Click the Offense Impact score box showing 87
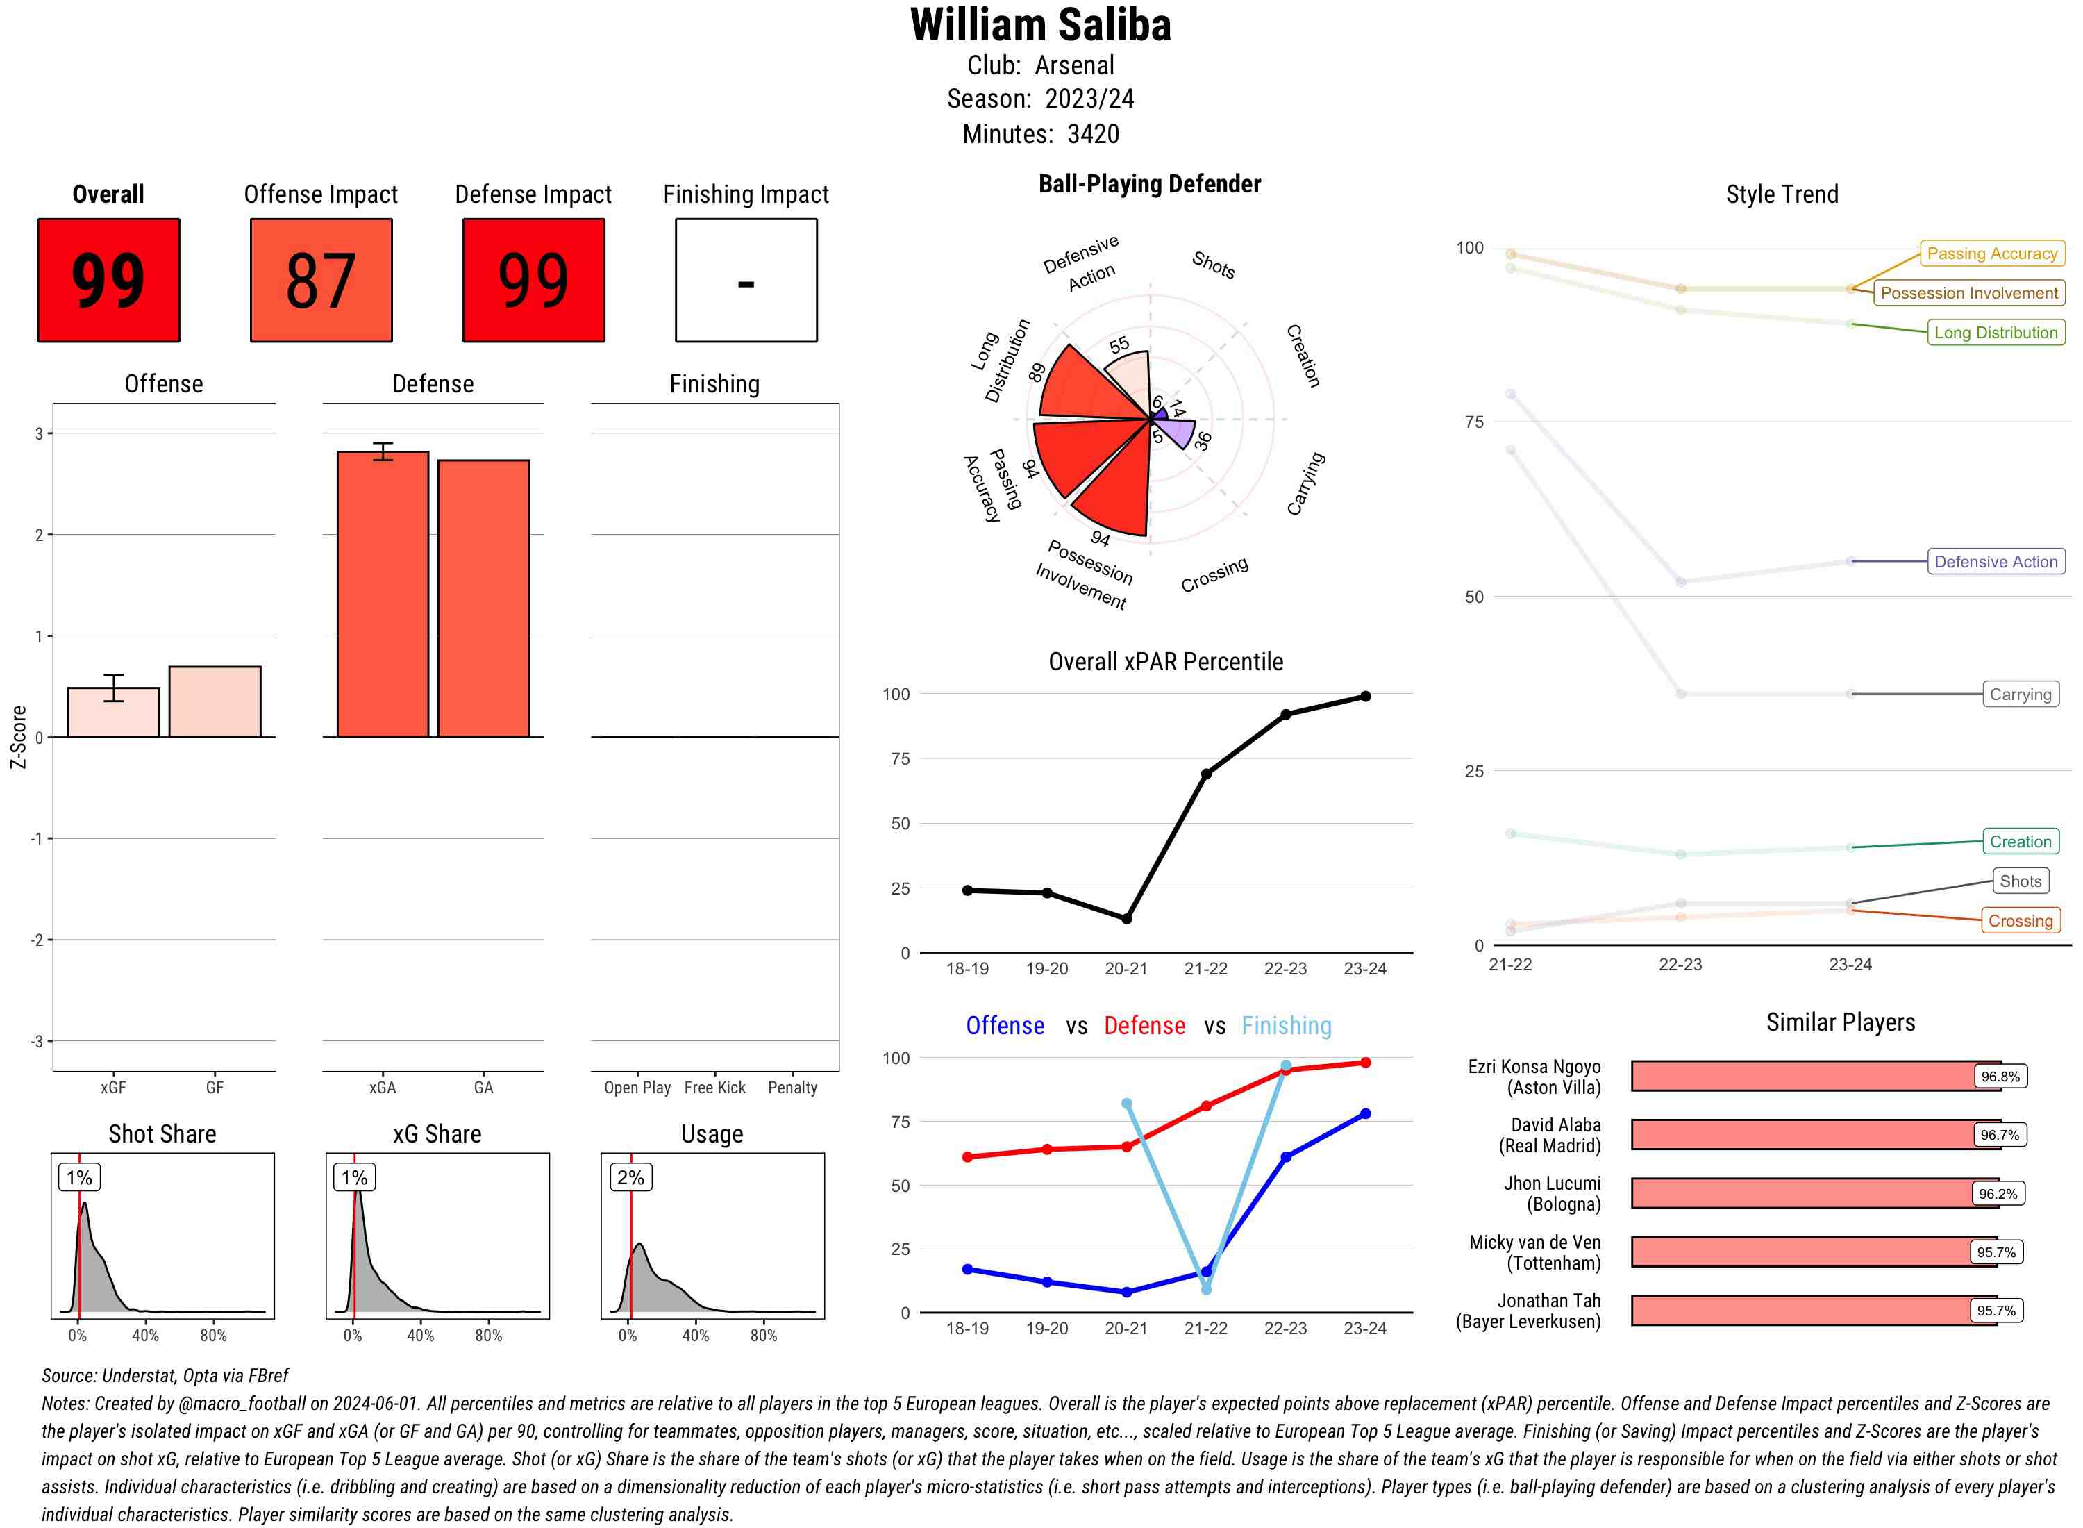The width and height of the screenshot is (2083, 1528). (321, 281)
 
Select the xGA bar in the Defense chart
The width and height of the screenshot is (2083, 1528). (382, 594)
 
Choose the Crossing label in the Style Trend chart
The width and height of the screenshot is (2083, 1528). (2019, 920)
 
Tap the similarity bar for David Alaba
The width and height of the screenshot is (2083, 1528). (1803, 1135)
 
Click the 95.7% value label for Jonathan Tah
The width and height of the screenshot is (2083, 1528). (1996, 1311)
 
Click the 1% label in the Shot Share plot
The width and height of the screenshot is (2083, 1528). (80, 1177)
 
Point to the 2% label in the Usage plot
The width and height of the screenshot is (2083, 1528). (630, 1177)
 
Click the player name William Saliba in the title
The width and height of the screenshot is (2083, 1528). (1040, 26)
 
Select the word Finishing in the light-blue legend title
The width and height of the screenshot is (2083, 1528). (1286, 1026)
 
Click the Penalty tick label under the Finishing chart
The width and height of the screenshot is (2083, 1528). (792, 1088)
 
